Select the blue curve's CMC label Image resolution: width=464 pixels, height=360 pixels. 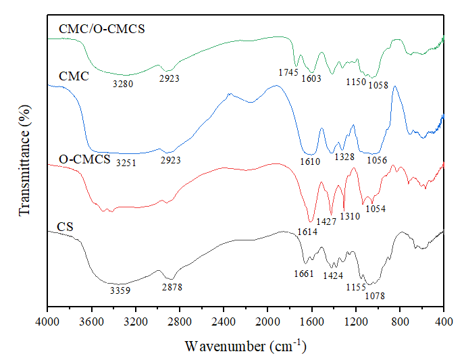(74, 76)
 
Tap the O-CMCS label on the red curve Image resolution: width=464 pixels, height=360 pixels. (84, 160)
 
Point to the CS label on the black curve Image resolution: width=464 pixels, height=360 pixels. (65, 225)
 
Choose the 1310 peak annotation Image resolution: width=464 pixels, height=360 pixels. (349, 216)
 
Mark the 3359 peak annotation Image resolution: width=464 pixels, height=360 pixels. (120, 290)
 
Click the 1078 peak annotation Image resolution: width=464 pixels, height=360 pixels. (376, 295)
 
